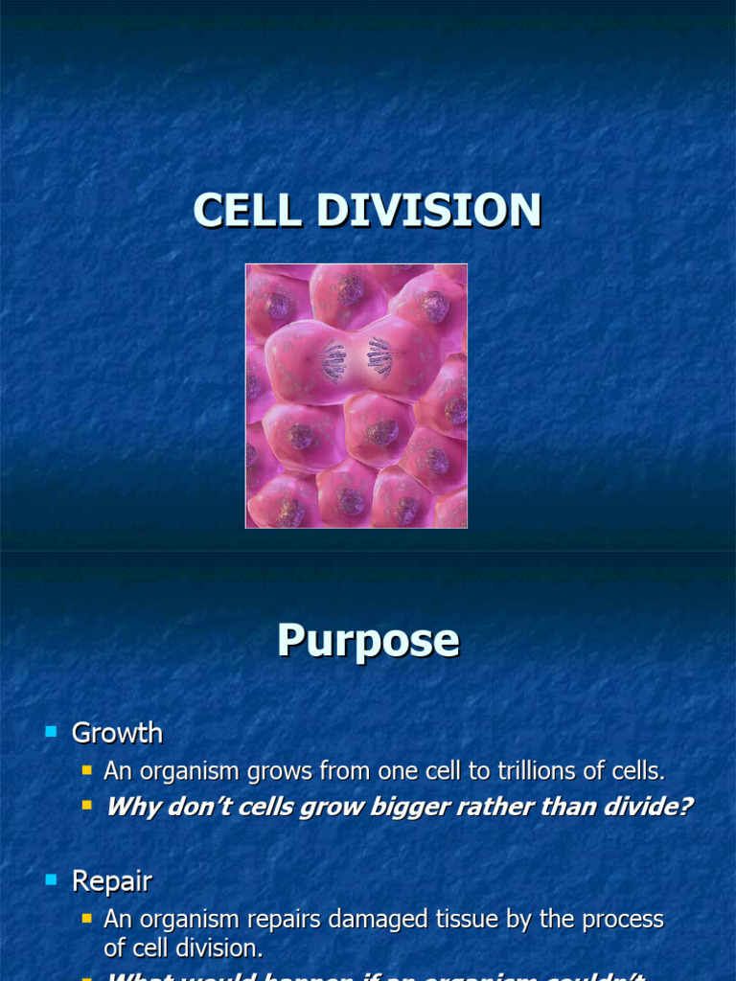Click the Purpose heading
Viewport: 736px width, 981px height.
click(368, 641)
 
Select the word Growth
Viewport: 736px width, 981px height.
click(117, 734)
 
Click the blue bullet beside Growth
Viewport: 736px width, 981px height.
click(52, 733)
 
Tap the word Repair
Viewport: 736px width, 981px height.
click(112, 881)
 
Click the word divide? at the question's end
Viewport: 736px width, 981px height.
click(646, 807)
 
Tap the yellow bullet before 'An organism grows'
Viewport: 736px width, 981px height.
click(86, 769)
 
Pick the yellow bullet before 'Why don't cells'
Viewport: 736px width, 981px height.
click(86, 806)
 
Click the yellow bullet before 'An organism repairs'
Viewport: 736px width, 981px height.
click(86, 918)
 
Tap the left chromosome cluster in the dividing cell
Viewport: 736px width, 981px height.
click(333, 360)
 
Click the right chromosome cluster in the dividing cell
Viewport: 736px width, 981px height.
click(379, 357)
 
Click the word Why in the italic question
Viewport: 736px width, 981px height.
click(129, 807)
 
